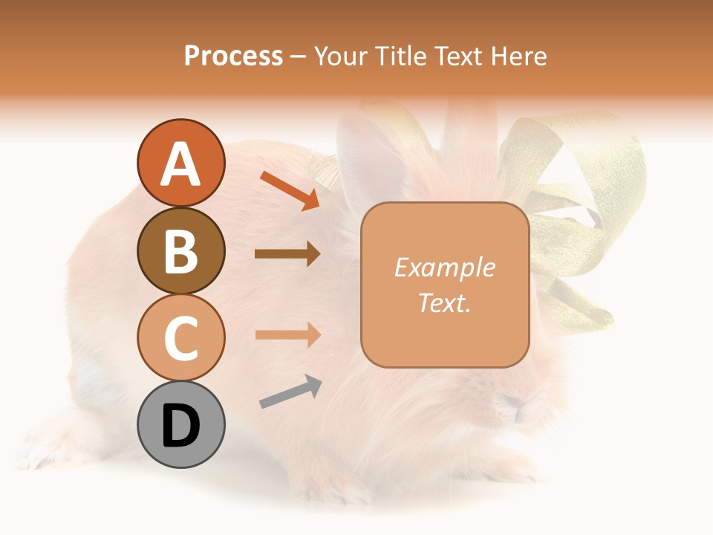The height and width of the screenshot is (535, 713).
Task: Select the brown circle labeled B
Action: click(x=180, y=250)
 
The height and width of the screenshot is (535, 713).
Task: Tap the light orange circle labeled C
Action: click(x=180, y=337)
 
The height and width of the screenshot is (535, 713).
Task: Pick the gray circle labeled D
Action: click(x=180, y=424)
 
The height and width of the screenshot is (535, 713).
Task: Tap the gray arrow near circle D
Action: click(x=290, y=392)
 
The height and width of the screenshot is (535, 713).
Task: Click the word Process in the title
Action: click(x=233, y=56)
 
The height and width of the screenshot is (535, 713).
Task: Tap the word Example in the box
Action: click(x=444, y=268)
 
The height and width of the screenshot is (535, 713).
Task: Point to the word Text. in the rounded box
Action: click(x=444, y=302)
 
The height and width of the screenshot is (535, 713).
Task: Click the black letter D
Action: click(x=180, y=427)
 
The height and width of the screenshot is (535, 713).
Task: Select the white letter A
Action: click(x=180, y=164)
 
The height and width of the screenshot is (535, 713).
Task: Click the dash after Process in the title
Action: click(x=299, y=56)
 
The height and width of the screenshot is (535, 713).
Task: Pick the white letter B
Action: click(x=180, y=251)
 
